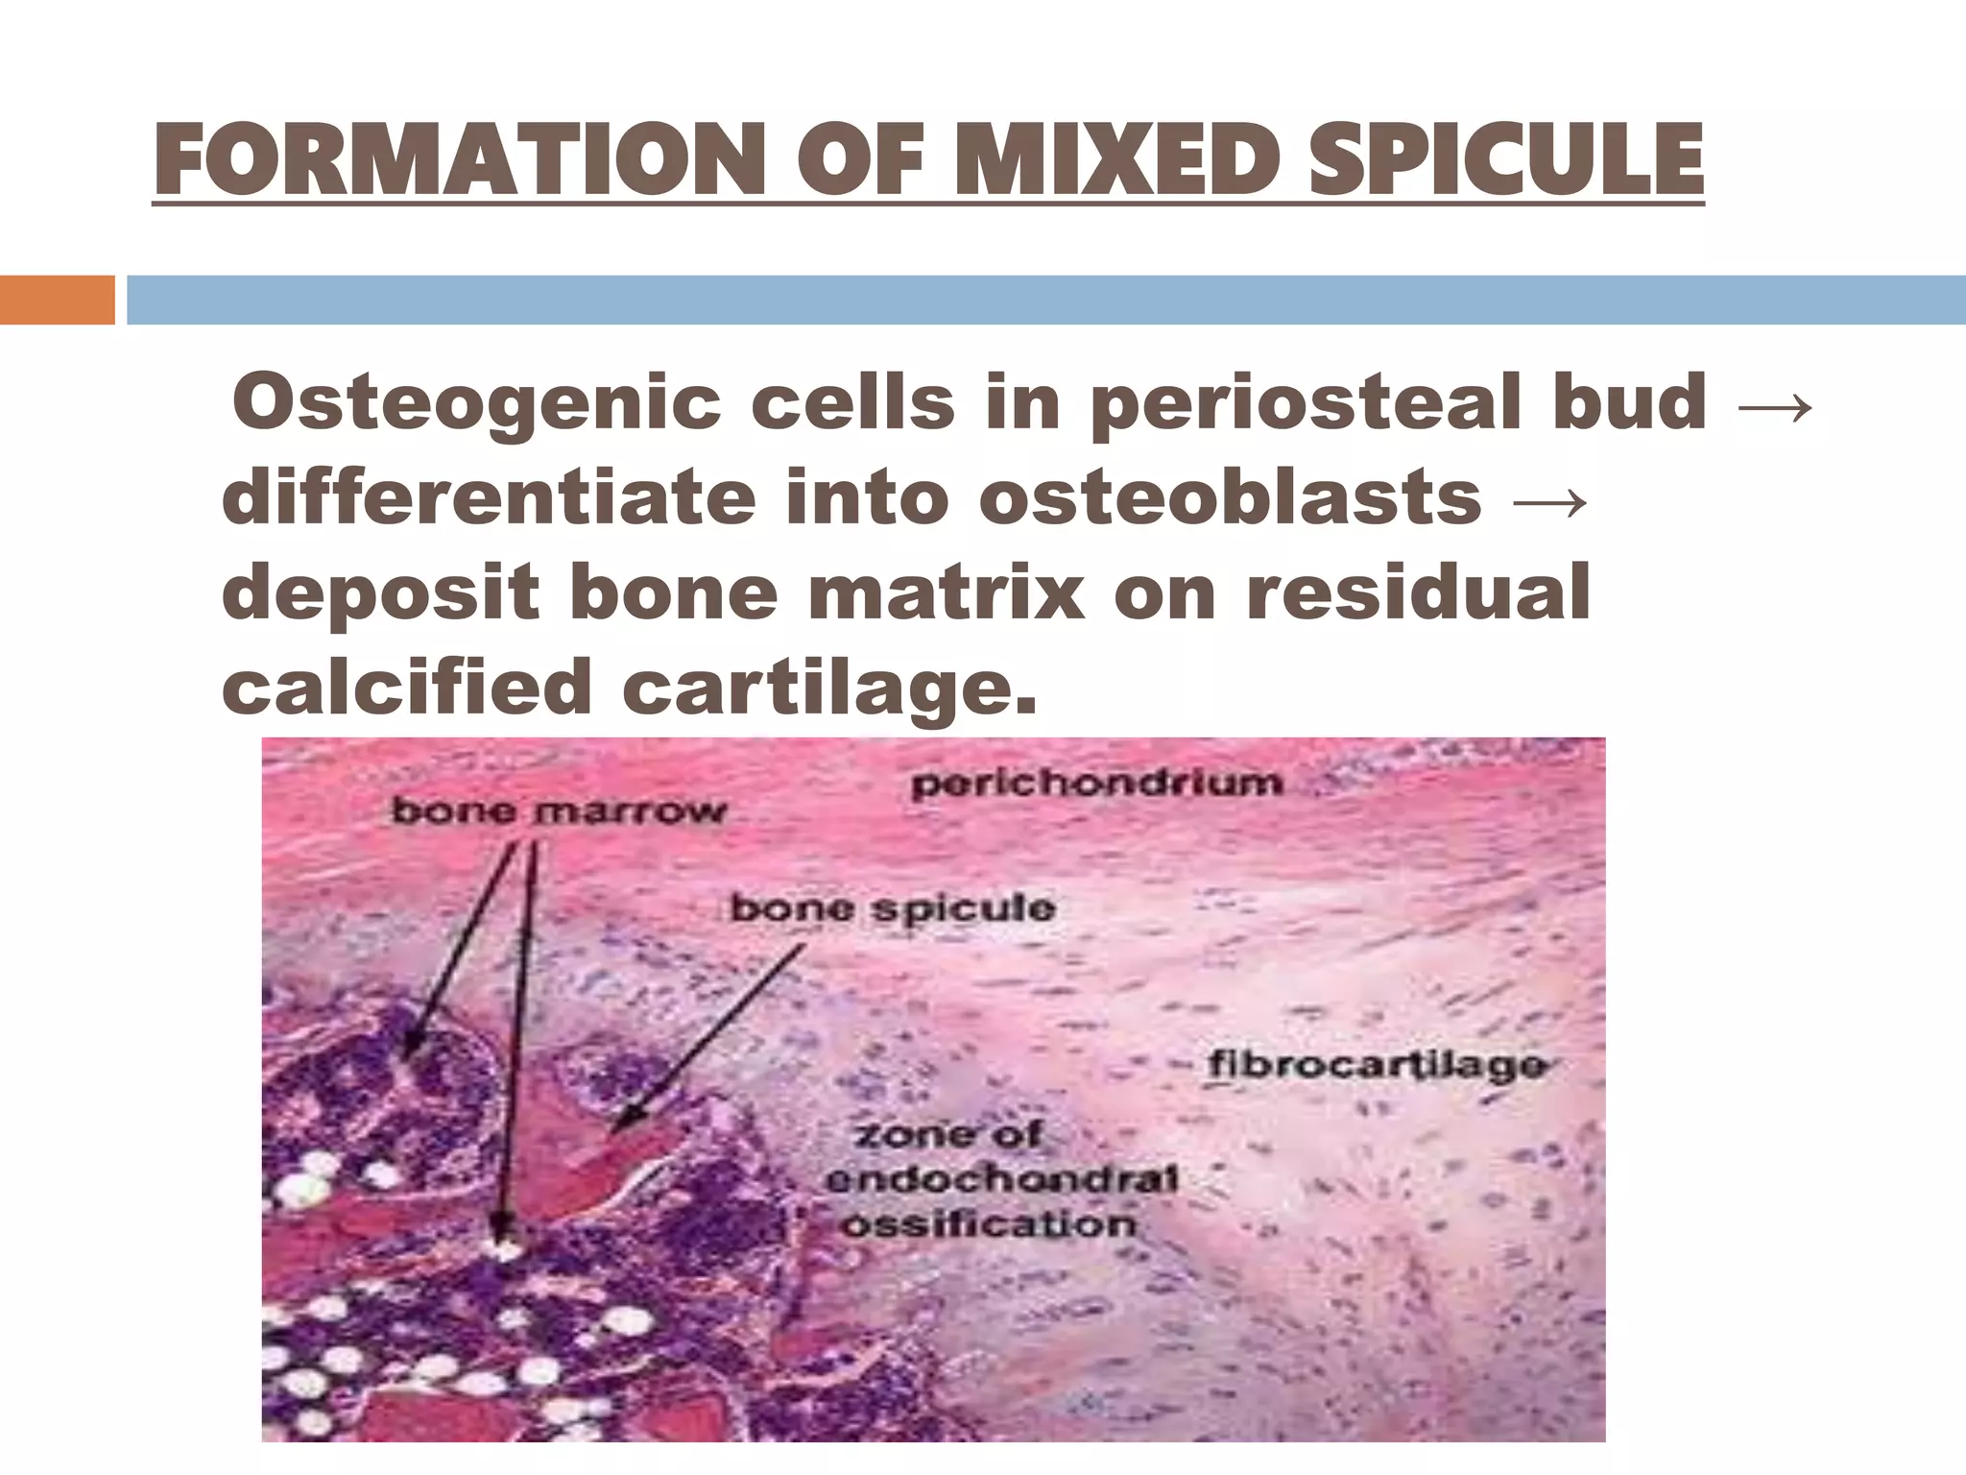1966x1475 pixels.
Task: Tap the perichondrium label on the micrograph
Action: pos(1096,782)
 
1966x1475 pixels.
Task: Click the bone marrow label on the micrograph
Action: pos(559,811)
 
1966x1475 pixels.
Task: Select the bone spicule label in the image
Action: pos(892,907)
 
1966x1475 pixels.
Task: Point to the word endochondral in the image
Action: pos(1001,1180)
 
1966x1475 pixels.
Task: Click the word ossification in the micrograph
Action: pos(989,1224)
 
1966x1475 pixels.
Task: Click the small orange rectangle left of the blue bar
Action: pos(57,300)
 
